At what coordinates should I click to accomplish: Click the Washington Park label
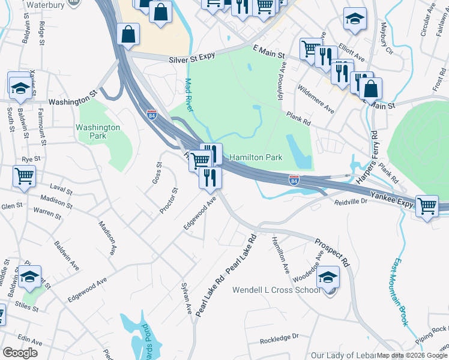coord(98,131)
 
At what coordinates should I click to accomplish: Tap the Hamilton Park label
coord(256,157)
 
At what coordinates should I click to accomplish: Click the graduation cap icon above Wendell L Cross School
coord(328,277)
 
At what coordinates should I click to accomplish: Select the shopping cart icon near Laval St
coord(25,176)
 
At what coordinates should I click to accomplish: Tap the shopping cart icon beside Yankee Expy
coord(427,206)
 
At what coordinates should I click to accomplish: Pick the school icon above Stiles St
coord(29,277)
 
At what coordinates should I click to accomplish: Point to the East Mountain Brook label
coord(401,292)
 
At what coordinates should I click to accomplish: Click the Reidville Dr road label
coord(351,202)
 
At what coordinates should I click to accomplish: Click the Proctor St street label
coord(169,201)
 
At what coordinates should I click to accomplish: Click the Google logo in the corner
coord(19,353)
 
